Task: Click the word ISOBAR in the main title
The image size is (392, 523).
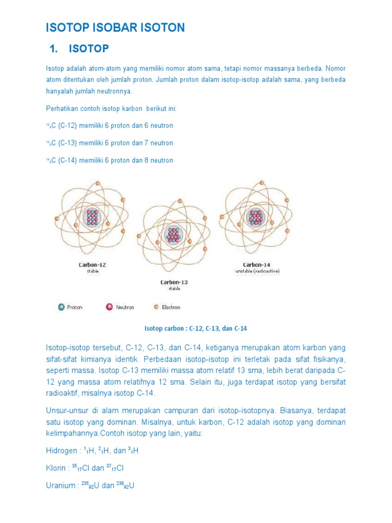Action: [x=115, y=28]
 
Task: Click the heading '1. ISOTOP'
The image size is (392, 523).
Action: [x=79, y=49]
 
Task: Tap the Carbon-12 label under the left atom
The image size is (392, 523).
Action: [x=92, y=265]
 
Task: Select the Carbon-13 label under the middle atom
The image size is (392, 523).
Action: [x=174, y=282]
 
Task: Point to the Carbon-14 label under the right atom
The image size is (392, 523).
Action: [x=256, y=265]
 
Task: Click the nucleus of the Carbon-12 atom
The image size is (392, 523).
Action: [x=92, y=218]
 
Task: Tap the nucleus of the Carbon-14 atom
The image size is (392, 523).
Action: [x=256, y=218]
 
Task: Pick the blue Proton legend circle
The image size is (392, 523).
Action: [x=61, y=307]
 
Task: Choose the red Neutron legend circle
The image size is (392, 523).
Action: [x=109, y=307]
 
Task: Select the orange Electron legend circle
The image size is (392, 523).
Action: [x=156, y=307]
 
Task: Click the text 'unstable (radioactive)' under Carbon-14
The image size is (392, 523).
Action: [x=257, y=271]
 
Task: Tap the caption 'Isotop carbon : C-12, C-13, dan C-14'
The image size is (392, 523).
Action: [x=196, y=328]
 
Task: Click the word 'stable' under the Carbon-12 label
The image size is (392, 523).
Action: [x=92, y=271]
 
